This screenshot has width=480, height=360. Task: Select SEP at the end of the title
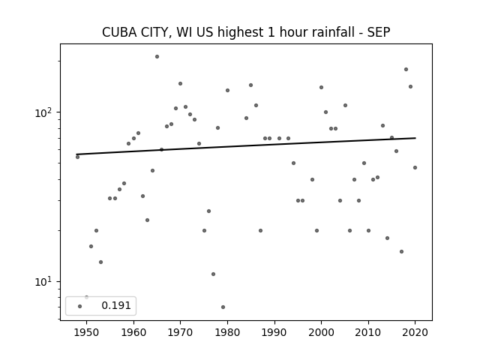point(379,32)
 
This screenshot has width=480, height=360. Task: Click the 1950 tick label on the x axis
point(87,332)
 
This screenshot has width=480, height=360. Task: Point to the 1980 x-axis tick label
point(227,332)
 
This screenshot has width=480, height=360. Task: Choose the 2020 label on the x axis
point(415,332)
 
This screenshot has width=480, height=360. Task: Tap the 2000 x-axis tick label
point(322,332)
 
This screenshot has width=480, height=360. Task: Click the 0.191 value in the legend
point(116,305)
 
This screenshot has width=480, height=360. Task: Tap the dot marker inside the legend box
point(80,306)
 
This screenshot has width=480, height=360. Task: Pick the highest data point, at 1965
point(157,57)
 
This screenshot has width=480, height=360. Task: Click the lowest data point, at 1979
point(223,307)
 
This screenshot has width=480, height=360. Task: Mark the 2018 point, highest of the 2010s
point(406,70)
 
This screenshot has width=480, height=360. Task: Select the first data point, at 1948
point(77,157)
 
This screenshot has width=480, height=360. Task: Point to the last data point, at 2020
point(415,167)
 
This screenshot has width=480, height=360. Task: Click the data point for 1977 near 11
point(213,274)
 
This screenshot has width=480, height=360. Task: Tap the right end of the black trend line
point(415,138)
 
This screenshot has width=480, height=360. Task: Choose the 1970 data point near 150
point(180,83)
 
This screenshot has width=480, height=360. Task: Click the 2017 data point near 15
point(402,252)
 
